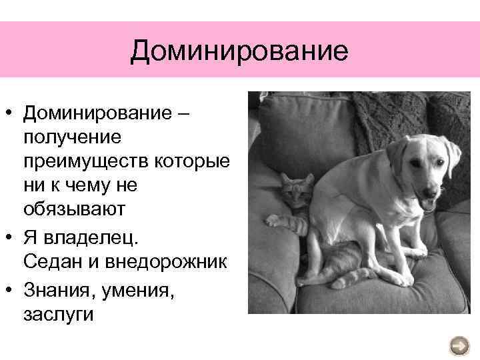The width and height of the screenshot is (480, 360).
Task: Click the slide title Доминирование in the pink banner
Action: (239, 51)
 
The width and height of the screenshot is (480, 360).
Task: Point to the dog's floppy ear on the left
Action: (397, 155)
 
